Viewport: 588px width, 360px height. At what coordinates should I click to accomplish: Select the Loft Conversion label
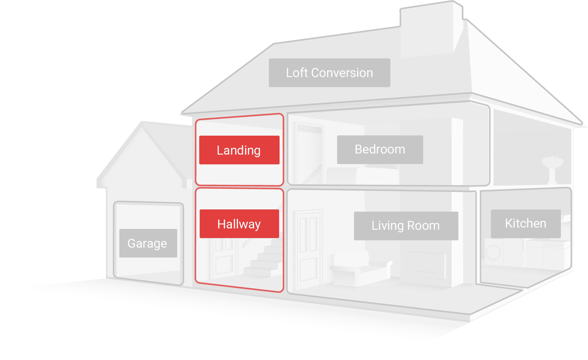pyautogui.click(x=329, y=73)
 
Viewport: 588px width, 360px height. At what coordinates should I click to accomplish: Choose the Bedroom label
pyautogui.click(x=380, y=150)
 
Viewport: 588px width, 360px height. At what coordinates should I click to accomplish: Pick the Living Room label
pyautogui.click(x=406, y=226)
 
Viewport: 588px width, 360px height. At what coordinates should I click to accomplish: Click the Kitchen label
pyautogui.click(x=526, y=224)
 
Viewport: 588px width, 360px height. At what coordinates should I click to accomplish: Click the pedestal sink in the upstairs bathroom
pyautogui.click(x=552, y=168)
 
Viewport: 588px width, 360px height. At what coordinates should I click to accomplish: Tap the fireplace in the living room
pyautogui.click(x=425, y=265)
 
